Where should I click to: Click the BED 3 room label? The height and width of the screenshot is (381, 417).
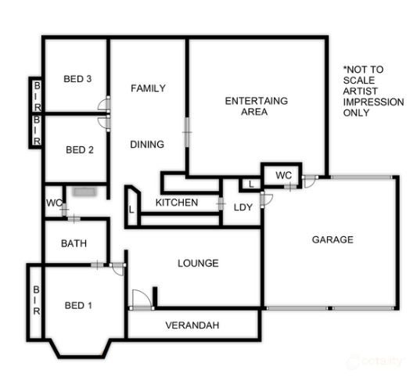coord(78,78)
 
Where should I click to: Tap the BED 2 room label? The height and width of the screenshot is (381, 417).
coord(80,150)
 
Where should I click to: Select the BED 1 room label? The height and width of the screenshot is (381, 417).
coord(78,305)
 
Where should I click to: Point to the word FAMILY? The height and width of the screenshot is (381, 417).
coord(148,88)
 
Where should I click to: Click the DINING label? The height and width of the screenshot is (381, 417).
coord(147,144)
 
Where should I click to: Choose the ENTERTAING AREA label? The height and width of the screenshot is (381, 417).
coord(256,106)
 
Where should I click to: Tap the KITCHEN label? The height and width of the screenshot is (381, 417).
coord(177,203)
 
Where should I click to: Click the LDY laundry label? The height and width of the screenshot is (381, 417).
coord(243,207)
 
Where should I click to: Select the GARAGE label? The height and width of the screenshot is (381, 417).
coord(333,239)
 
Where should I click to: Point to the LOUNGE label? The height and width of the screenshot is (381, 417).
coord(198,264)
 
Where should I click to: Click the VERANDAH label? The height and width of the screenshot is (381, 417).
coord(192,325)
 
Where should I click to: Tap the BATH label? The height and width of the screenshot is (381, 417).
coord(74,243)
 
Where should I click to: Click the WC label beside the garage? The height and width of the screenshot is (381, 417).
coord(283,174)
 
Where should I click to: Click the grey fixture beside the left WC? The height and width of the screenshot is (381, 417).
coord(82,191)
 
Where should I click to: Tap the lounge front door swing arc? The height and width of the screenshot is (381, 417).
coord(138,298)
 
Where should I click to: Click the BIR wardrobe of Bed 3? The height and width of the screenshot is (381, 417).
coord(37,95)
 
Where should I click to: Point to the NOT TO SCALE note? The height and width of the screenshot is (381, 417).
coord(373,91)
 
